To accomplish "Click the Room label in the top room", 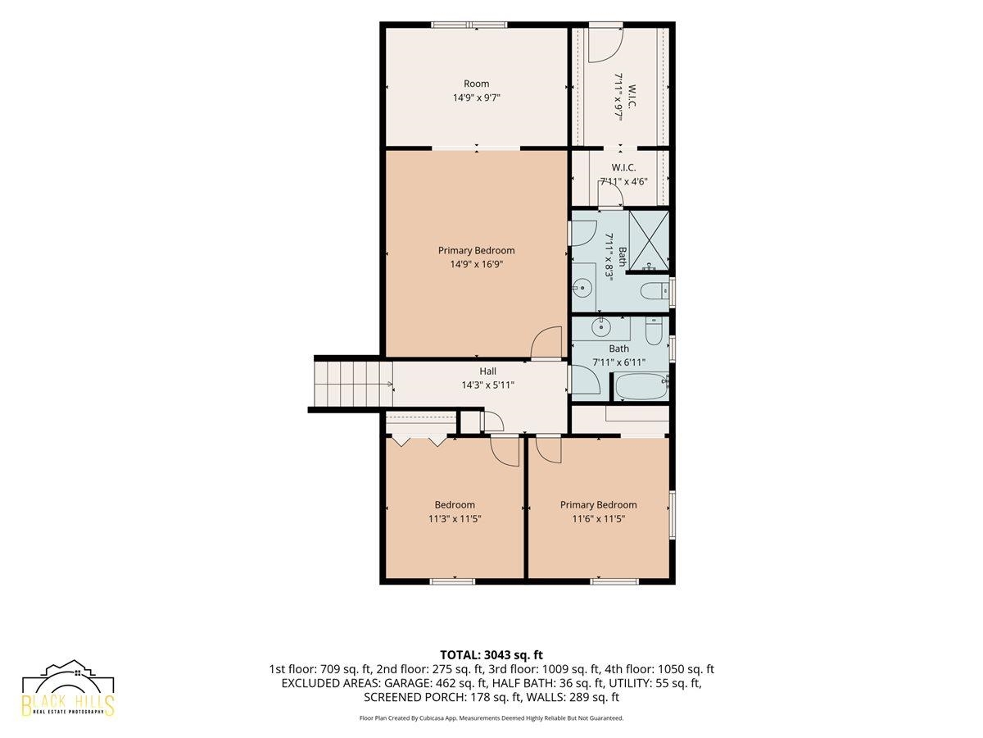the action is tap(476, 84).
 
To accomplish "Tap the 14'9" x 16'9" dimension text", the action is tap(477, 264).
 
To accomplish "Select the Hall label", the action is tap(487, 371).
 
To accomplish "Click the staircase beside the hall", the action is tap(353, 384).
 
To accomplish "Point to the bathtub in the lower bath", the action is tap(641, 386).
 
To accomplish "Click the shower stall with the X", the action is tap(649, 241).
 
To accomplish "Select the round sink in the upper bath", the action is tap(582, 287).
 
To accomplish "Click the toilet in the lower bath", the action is tap(654, 331).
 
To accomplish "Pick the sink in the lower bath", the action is tap(600, 327).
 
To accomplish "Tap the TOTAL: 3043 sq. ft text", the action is tap(491, 654).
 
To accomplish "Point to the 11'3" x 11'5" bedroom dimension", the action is tap(455, 519).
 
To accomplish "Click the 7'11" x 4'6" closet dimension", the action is tap(624, 181).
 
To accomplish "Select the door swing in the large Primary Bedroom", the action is tap(546, 343).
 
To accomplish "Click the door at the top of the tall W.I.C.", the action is tap(605, 44).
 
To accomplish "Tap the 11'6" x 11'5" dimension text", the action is tap(598, 519).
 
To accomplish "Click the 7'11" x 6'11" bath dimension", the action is tap(619, 362).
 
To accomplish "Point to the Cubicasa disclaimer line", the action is tap(491, 718).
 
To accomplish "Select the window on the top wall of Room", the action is tap(469, 25).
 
